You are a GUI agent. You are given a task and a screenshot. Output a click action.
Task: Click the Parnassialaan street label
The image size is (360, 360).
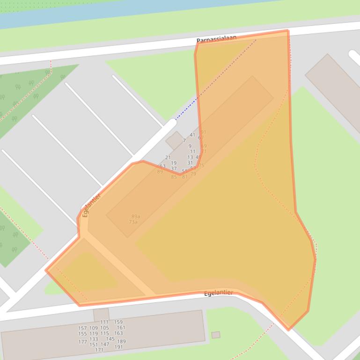[x=216, y=39]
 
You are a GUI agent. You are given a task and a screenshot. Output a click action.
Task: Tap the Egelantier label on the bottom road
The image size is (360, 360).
[x=218, y=293]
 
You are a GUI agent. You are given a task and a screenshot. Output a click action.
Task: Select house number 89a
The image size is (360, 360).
[x=135, y=216]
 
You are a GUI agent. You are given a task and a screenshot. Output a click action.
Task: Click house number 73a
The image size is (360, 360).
[x=133, y=222]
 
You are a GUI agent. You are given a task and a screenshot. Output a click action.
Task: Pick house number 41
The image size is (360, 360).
[x=192, y=135]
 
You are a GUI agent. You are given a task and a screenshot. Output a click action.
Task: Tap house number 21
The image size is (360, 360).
[x=168, y=158]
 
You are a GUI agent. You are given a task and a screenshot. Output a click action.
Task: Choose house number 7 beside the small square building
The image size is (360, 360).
[x=184, y=140]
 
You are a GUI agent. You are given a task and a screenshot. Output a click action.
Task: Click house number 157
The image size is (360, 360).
[x=82, y=328]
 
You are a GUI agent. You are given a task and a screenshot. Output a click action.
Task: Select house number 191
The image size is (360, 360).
[x=118, y=347]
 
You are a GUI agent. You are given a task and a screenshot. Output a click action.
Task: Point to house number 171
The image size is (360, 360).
[x=99, y=350]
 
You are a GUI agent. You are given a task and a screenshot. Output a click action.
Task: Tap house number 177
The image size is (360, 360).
[x=82, y=342]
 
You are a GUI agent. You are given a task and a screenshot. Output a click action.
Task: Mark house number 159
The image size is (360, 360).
[x=118, y=322]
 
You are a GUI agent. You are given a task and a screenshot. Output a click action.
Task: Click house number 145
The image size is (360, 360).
[x=110, y=339]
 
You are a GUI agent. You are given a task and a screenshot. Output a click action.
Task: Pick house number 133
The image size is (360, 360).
[x=94, y=339]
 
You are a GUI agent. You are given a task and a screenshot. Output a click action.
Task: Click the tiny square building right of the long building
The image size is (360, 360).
[x=215, y=335]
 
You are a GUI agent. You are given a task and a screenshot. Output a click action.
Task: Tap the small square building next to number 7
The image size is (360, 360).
[x=175, y=140]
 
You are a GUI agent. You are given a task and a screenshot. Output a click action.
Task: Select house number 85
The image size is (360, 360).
[x=174, y=177]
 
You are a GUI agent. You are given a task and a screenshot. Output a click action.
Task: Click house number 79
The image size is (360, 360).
[x=193, y=174]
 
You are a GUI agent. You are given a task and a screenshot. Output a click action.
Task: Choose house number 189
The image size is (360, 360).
[x=121, y=342]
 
